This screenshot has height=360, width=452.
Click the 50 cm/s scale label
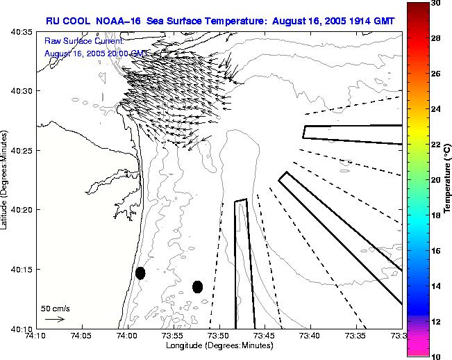coord(56,308)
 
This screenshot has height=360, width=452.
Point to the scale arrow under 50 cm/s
coord(55,319)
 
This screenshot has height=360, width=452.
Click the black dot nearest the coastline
coord(140,273)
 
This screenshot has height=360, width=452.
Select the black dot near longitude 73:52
coord(197,286)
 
